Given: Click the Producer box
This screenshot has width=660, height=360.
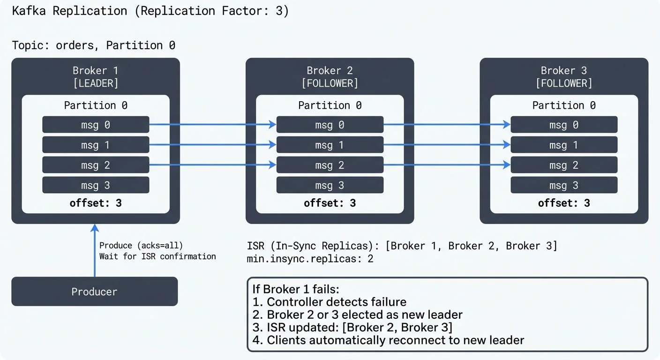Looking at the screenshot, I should pyautogui.click(x=94, y=292).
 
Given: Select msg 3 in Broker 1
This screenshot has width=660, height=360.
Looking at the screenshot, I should pyautogui.click(x=96, y=185).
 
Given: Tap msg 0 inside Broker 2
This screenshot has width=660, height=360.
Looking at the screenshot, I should pyautogui.click(x=330, y=125).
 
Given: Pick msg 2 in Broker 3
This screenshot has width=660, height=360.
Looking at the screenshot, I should pyautogui.click(x=564, y=165).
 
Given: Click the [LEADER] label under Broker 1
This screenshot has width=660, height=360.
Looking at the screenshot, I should pyautogui.click(x=96, y=83).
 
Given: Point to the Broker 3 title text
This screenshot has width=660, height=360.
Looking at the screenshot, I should pyautogui.click(x=564, y=70).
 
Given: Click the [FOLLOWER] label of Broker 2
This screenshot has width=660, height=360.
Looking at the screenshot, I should pyautogui.click(x=330, y=83).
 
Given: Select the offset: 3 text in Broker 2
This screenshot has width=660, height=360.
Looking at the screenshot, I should pyautogui.click(x=330, y=203).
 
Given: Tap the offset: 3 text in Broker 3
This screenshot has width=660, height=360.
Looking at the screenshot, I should pyautogui.click(x=564, y=203).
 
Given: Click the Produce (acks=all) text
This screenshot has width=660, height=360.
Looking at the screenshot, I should pyautogui.click(x=141, y=245).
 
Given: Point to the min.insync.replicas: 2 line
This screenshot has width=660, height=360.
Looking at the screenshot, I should pyautogui.click(x=310, y=258).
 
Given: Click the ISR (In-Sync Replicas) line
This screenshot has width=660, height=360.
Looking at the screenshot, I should pyautogui.click(x=402, y=246).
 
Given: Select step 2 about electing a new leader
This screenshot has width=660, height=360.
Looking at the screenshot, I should pyautogui.click(x=357, y=315).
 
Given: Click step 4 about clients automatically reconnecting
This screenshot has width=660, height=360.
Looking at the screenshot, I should pyautogui.click(x=388, y=340).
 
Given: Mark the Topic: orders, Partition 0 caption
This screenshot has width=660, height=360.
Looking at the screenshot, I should pyautogui.click(x=94, y=45).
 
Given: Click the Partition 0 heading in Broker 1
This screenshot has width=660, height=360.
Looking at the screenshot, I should pyautogui.click(x=96, y=105).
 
